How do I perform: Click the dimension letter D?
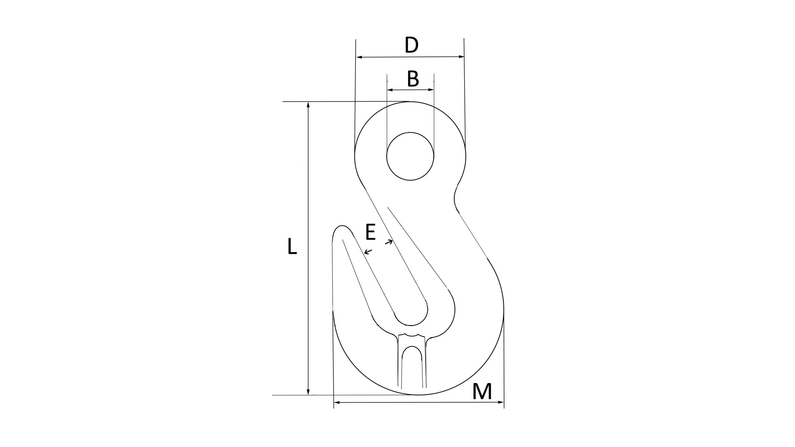tap(411, 45)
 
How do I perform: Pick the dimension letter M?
tap(482, 392)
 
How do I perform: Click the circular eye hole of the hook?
tap(410, 156)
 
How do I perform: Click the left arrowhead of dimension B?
tap(389, 90)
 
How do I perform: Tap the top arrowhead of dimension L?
tap(308, 105)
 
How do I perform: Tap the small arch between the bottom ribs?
tap(411, 354)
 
